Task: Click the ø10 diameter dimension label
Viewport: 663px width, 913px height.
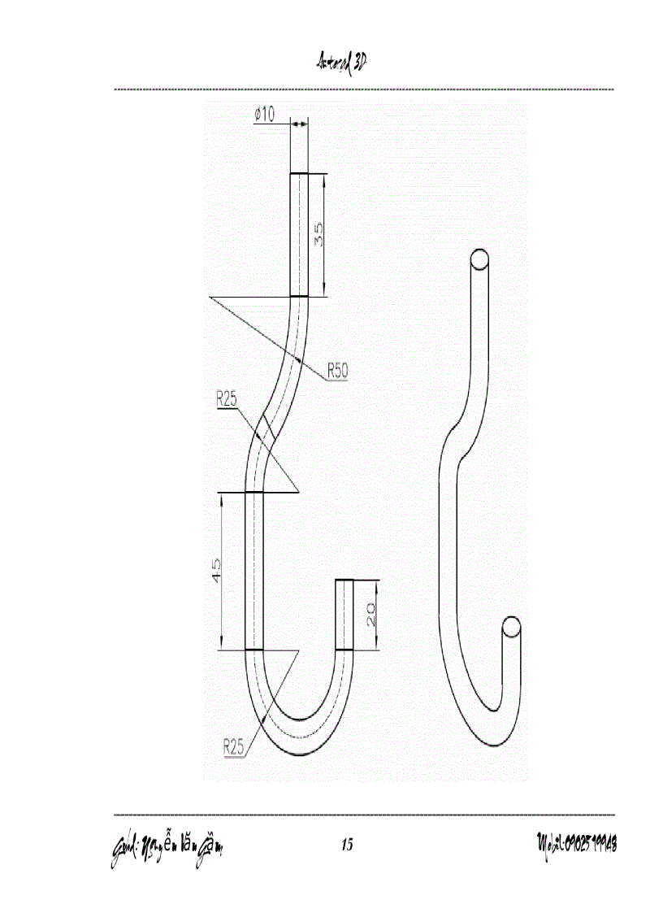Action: pyautogui.click(x=265, y=115)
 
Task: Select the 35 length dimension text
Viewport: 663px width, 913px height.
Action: pyautogui.click(x=319, y=235)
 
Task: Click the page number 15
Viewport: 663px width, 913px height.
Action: pyautogui.click(x=347, y=845)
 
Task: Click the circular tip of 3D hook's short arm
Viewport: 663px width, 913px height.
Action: pyautogui.click(x=511, y=627)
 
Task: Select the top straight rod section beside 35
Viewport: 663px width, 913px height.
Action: pyautogui.click(x=300, y=235)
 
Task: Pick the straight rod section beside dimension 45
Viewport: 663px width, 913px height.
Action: pyautogui.click(x=255, y=571)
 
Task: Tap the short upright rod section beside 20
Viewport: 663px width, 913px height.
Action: pyautogui.click(x=345, y=615)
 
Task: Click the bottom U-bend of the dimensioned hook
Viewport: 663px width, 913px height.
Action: pyautogui.click(x=301, y=736)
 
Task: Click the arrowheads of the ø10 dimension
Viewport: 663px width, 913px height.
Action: pyautogui.click(x=299, y=123)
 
